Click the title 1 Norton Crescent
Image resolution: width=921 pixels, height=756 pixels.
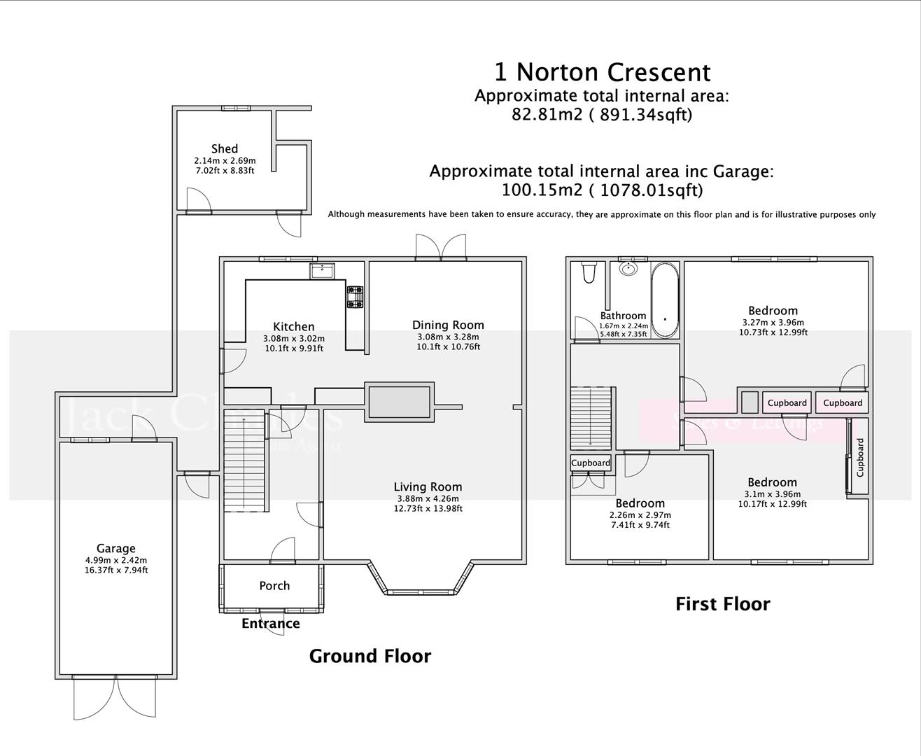(602, 72)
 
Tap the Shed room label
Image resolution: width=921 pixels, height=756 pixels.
(224, 148)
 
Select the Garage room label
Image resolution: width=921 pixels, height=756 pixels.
(115, 548)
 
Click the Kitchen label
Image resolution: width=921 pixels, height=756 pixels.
(293, 326)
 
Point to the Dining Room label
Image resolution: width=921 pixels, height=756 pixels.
(448, 325)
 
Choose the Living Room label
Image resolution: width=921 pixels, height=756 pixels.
(428, 486)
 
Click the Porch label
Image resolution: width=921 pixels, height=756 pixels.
(274, 585)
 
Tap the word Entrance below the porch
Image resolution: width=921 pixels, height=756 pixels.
(271, 623)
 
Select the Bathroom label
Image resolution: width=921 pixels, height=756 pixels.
(623, 316)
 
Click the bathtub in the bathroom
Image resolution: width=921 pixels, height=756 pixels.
(665, 300)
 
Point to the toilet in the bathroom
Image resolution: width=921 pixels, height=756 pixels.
(589, 272)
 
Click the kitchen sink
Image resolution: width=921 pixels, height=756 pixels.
(323, 270)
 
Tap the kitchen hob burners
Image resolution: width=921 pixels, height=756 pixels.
(355, 297)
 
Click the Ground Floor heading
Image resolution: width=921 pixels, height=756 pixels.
(370, 656)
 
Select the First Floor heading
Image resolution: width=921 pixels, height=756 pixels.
(722, 604)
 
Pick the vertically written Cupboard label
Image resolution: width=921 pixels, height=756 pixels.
(860, 457)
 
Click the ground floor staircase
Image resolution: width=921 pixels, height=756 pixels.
(245, 462)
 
